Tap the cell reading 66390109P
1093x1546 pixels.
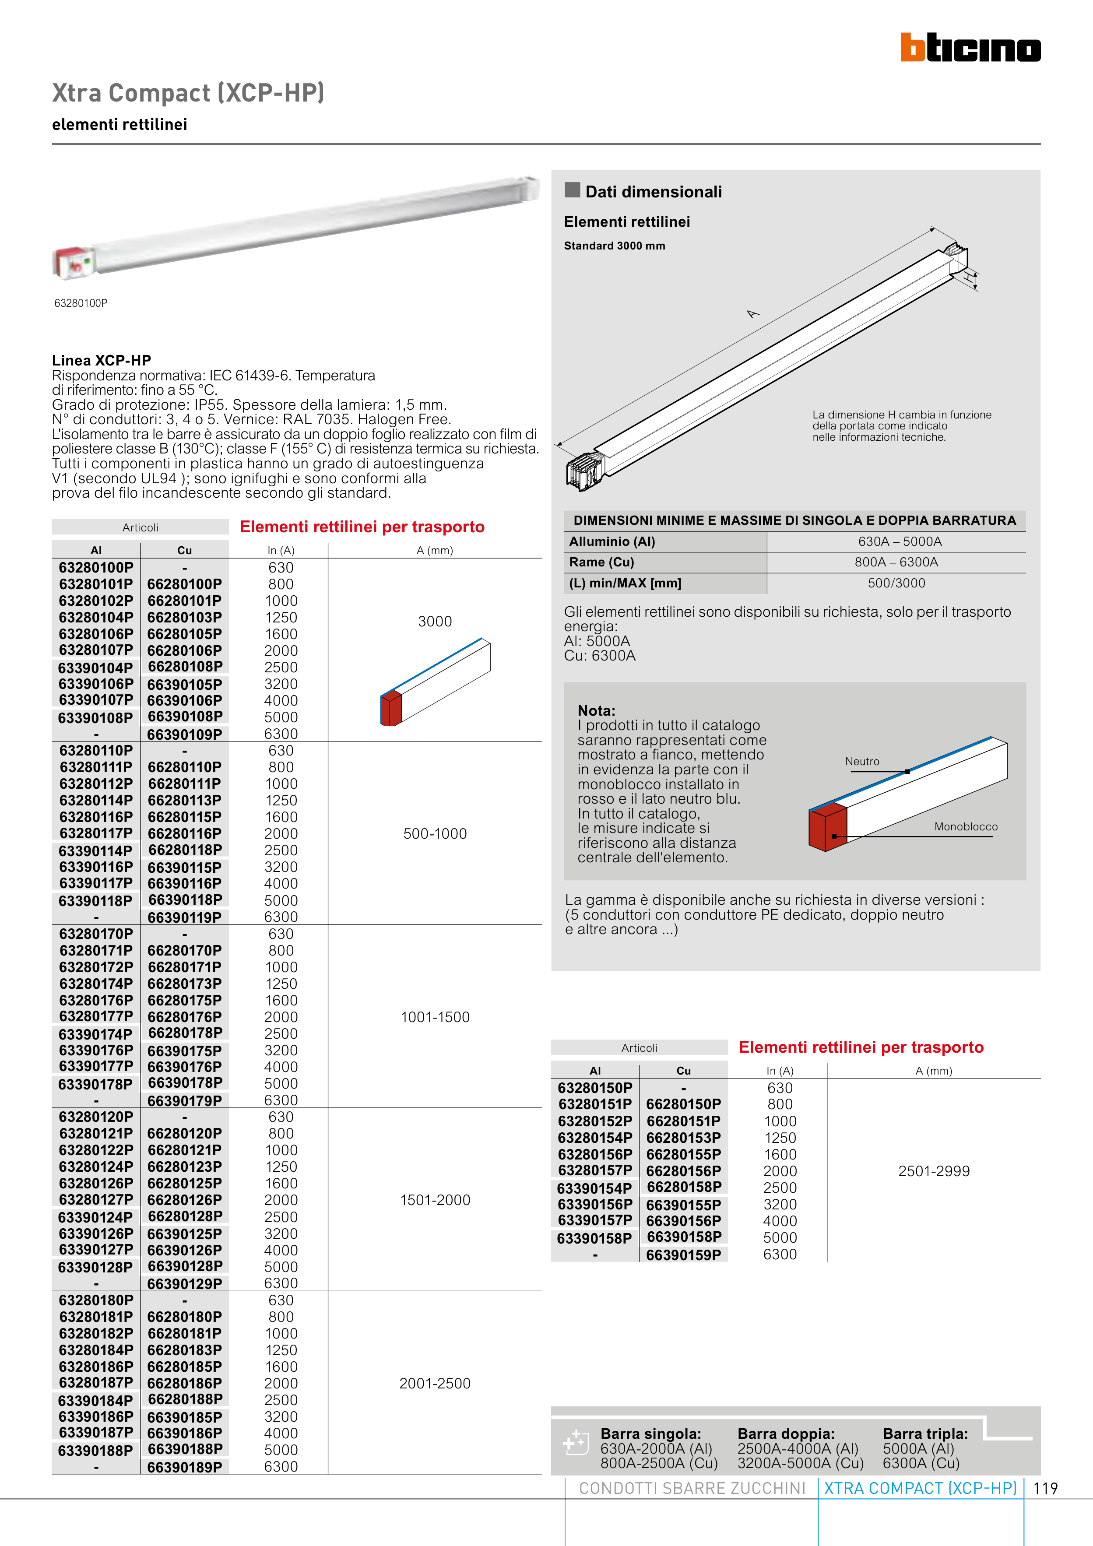coord(185,734)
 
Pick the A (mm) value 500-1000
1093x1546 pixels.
coord(435,833)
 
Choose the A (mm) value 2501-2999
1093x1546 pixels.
coord(933,1171)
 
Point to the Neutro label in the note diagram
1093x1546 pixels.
coord(862,762)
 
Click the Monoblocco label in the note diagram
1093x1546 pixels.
coord(966,827)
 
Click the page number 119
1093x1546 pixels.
coord(1045,1489)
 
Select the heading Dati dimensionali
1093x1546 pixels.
coord(653,192)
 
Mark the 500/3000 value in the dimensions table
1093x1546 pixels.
coord(896,583)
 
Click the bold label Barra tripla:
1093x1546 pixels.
coord(925,1434)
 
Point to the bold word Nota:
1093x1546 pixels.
coord(596,710)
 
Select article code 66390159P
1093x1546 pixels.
coord(684,1254)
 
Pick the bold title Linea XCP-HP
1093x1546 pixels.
coord(102,360)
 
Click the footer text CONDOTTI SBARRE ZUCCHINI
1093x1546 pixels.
coord(692,1489)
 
